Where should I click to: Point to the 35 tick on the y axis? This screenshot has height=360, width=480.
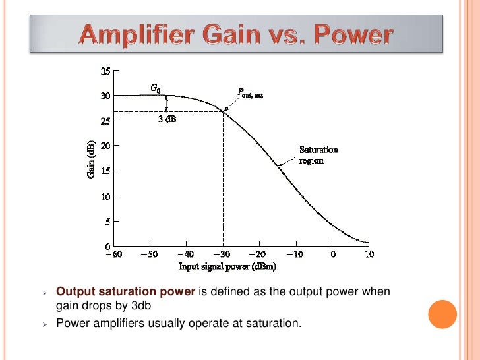105,71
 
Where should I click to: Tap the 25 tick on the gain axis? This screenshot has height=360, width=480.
105,121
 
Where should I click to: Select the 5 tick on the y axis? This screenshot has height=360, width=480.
107,221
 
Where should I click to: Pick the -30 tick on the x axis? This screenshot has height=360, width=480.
223,254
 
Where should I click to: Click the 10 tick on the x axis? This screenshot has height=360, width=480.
369,254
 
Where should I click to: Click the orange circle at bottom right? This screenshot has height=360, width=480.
442,315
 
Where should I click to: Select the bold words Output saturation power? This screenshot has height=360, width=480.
125,292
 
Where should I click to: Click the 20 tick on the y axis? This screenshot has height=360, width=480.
105,146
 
